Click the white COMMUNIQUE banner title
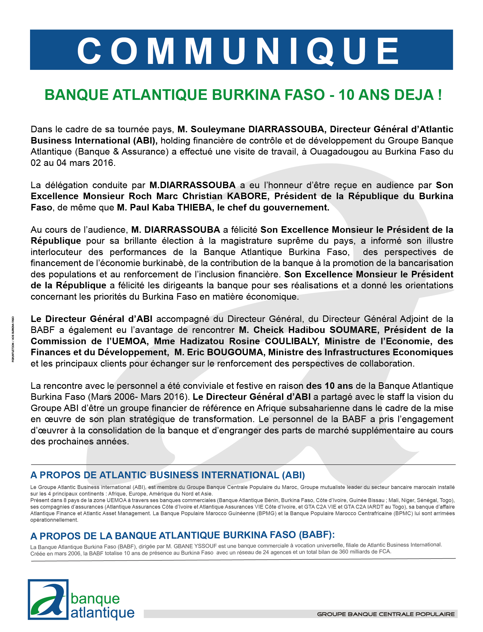(238, 51)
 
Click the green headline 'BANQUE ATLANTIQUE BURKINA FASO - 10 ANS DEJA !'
(243, 95)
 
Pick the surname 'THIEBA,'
(195, 207)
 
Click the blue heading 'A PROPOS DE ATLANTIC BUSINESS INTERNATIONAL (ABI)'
(168, 475)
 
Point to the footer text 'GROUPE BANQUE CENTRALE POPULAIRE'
(386, 614)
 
